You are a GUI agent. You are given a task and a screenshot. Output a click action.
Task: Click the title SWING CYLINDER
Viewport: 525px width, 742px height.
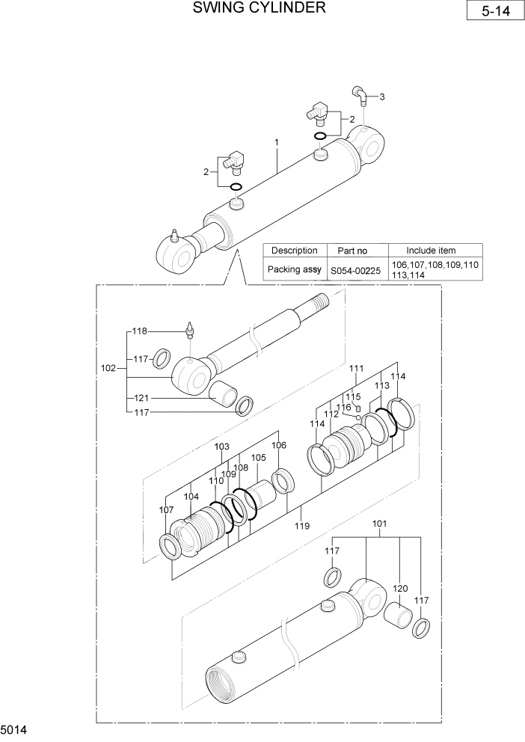[x=259, y=8]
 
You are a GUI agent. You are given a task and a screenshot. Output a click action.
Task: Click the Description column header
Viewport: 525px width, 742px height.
[x=294, y=251]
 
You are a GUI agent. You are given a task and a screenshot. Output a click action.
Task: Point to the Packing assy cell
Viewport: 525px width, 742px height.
[x=294, y=269]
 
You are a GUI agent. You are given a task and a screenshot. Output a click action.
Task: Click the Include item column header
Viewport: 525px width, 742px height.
[x=431, y=251]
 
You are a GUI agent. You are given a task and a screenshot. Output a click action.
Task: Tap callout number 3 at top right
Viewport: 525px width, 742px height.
[x=382, y=97]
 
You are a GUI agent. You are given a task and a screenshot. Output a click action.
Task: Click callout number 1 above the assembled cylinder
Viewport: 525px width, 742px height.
[x=277, y=142]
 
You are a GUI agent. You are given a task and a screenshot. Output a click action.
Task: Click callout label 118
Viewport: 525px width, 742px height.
[x=140, y=331]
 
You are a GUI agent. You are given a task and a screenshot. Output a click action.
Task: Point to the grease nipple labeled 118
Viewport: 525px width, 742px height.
[x=191, y=329]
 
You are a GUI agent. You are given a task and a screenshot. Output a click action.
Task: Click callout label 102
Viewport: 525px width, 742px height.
[x=108, y=368]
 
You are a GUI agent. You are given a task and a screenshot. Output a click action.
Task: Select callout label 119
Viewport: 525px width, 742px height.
[x=301, y=527]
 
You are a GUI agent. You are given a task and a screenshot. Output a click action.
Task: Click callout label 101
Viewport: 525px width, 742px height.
[x=379, y=524]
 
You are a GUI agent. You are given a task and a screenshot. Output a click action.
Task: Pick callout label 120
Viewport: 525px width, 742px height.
[x=400, y=589]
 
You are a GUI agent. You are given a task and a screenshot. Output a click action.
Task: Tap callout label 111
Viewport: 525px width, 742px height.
[x=356, y=369]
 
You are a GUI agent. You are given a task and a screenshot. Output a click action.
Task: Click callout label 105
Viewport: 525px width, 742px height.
[x=258, y=458]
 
